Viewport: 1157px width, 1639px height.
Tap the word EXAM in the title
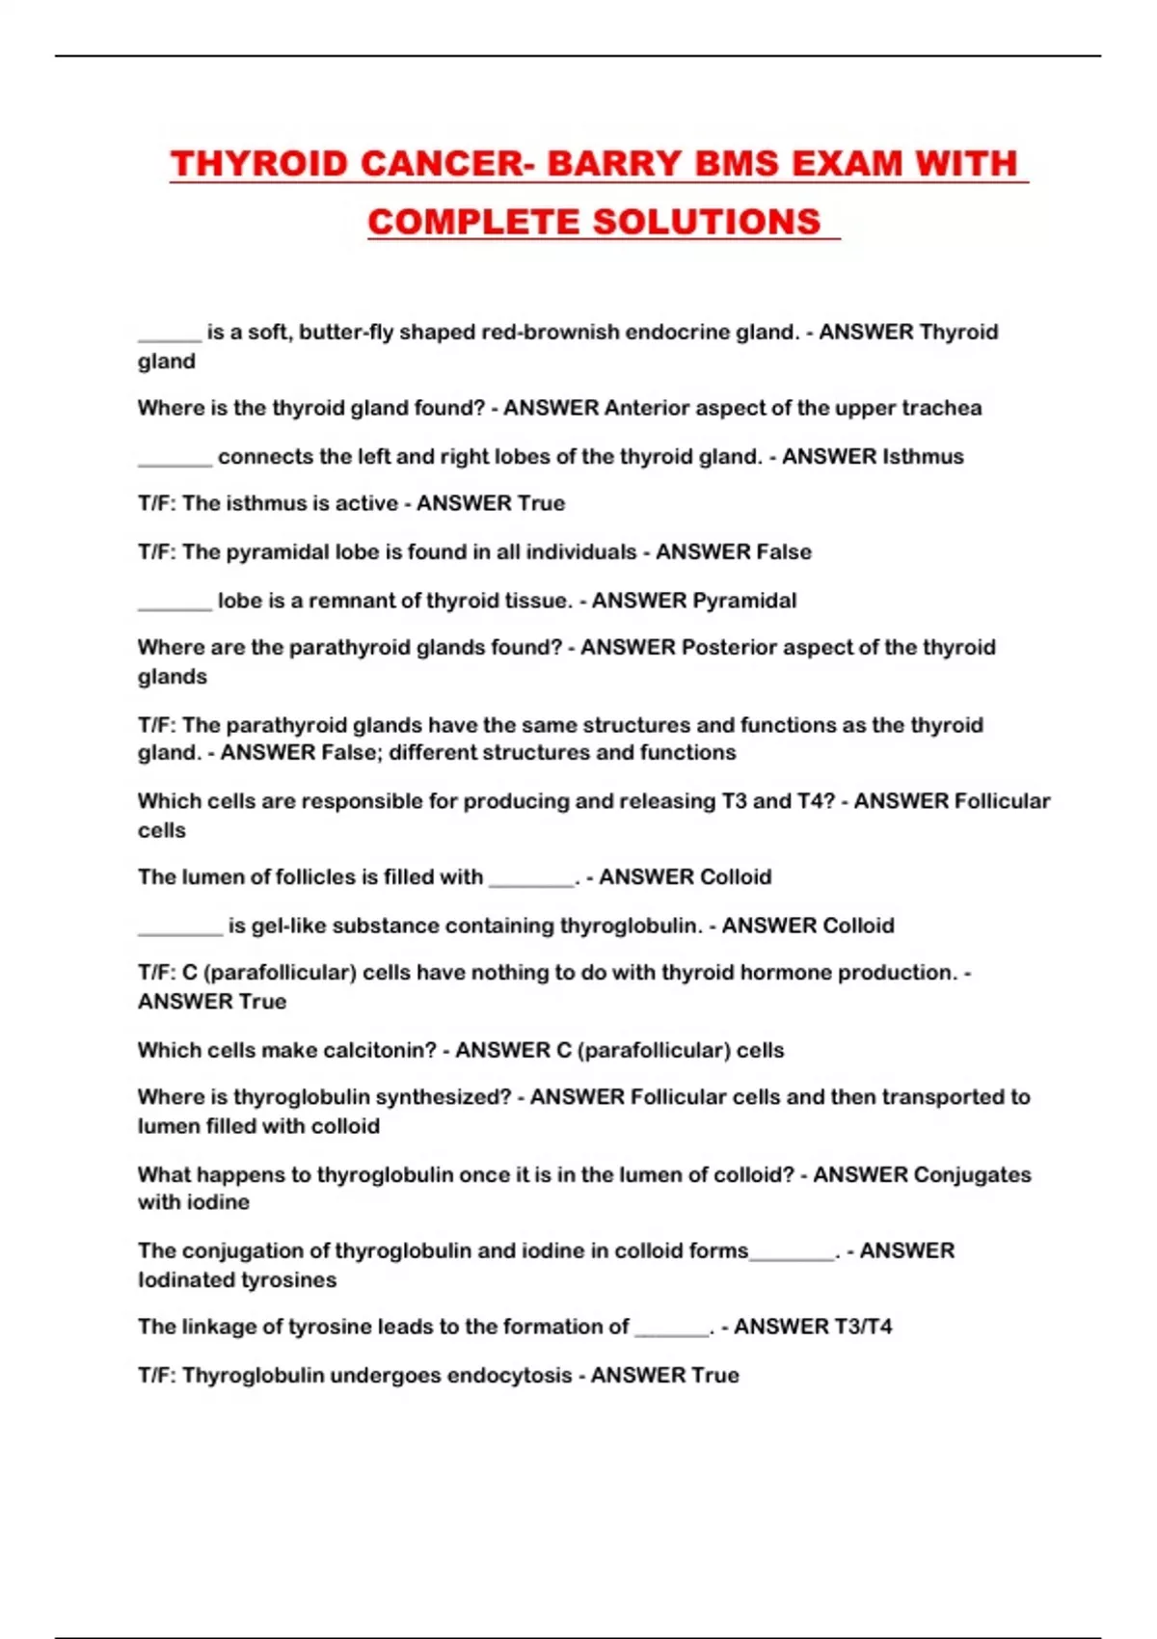[848, 164]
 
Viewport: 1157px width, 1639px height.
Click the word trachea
[942, 409]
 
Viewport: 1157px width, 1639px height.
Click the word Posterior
[728, 648]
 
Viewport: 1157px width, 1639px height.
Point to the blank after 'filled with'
[531, 878]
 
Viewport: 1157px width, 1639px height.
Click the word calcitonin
[380, 1051]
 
